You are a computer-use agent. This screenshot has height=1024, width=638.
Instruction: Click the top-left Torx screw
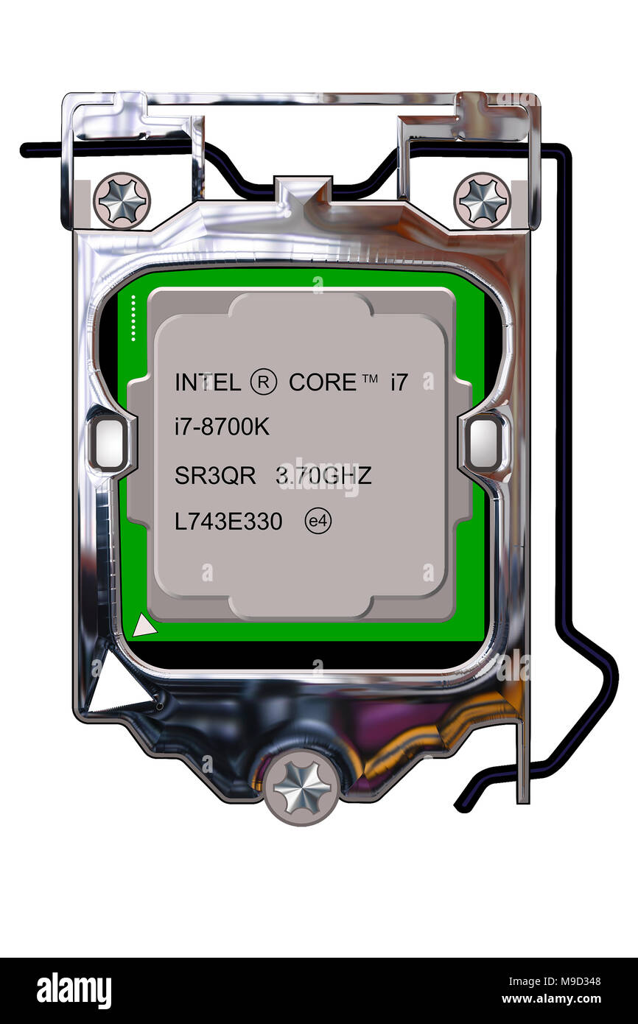tap(122, 200)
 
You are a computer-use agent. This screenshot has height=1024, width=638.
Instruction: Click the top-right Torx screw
tap(483, 200)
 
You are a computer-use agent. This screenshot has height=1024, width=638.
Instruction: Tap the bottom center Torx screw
tap(301, 788)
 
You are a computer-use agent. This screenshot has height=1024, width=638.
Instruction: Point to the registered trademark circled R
tap(264, 382)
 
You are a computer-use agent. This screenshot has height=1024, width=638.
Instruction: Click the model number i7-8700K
tap(222, 427)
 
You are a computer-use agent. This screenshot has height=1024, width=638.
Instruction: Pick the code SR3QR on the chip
tap(215, 476)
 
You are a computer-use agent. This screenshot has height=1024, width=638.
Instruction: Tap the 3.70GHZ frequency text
tap(323, 476)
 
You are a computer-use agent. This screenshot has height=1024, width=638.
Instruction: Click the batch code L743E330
tap(228, 522)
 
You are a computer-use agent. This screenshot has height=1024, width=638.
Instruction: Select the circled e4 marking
tap(318, 522)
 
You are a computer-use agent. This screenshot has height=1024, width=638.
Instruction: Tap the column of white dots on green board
tap(133, 318)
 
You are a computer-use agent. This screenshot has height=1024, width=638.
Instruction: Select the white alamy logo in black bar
tap(74, 991)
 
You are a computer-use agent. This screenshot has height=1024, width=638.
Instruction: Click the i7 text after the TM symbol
tap(399, 382)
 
